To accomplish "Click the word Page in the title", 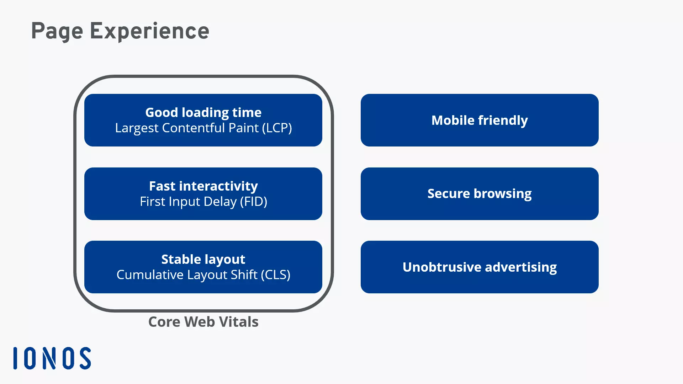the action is click(57, 31).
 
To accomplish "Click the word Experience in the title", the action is click(149, 31).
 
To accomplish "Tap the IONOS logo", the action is click(52, 358).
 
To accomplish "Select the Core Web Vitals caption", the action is click(203, 322).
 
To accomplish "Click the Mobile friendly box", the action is click(480, 120).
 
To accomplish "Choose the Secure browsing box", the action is click(480, 194).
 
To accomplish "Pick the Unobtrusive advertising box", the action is click(480, 267).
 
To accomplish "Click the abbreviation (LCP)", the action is click(277, 128).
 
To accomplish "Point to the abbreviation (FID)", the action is click(254, 202).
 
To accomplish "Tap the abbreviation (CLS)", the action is click(276, 275).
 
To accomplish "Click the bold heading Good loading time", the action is click(203, 113).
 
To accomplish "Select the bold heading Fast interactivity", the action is click(203, 186).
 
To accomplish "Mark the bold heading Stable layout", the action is click(203, 260).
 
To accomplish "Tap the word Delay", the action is click(220, 202).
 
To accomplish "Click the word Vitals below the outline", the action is click(239, 322).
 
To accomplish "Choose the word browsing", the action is click(503, 194).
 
